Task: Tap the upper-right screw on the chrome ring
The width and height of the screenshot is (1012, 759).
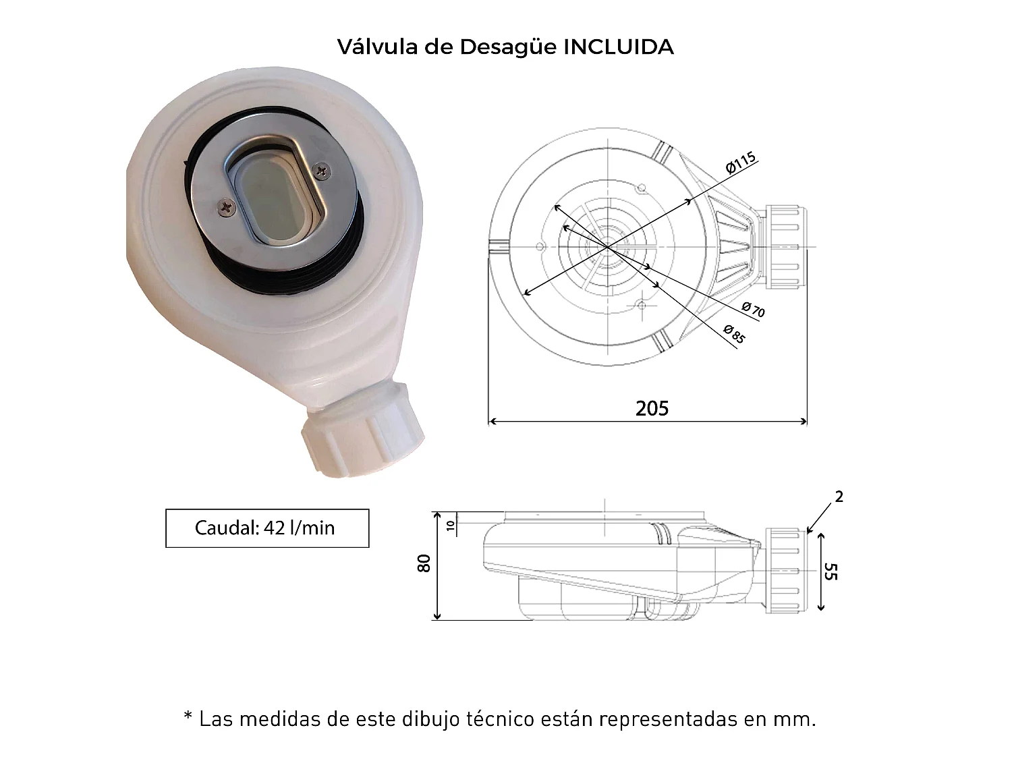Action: point(322,171)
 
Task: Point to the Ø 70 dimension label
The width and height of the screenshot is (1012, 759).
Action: point(753,310)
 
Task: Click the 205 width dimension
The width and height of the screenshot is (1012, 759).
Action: point(652,408)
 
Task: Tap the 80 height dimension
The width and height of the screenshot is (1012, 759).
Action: point(424,563)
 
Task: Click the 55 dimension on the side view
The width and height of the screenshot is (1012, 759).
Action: point(831,572)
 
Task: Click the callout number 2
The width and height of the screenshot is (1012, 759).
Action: point(839,497)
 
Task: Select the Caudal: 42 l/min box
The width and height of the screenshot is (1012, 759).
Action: point(267,528)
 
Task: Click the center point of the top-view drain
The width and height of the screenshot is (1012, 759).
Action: point(608,248)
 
